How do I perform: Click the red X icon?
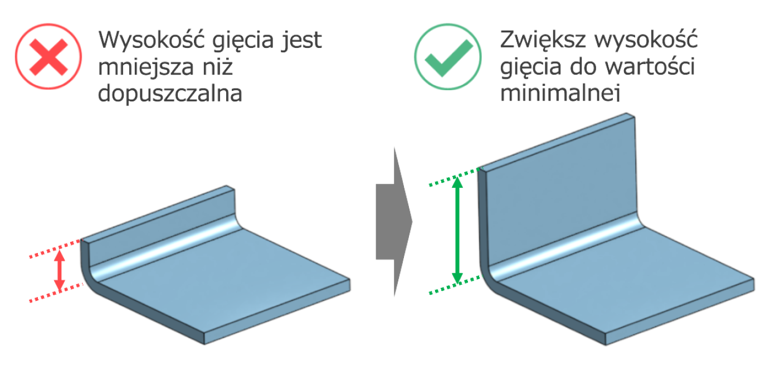[48, 56]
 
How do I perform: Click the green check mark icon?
[448, 56]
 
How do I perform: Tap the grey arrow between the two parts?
[394, 222]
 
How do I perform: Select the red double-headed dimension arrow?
[60, 270]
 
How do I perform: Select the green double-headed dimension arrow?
[457, 230]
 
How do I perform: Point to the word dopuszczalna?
[170, 94]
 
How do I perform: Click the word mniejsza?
[146, 66]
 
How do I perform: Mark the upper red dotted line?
[56, 248]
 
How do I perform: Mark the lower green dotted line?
[455, 285]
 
